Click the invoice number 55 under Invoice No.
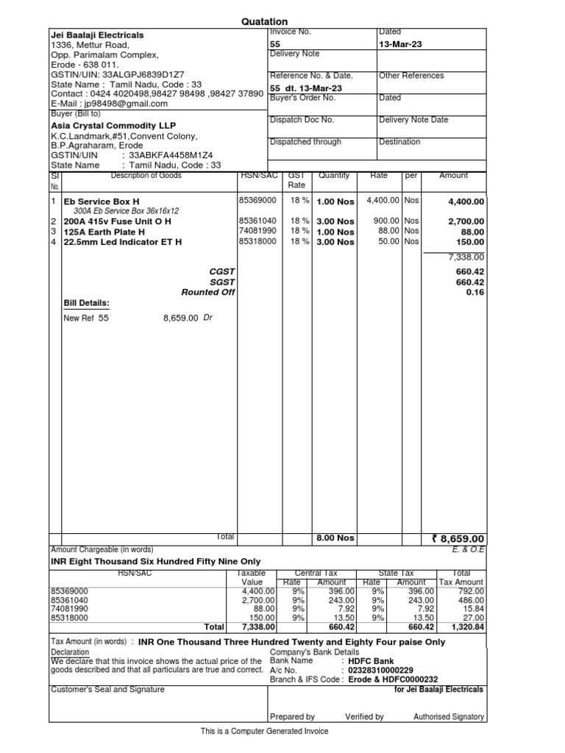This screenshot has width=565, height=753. click(x=275, y=44)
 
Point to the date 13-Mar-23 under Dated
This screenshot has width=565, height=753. click(x=400, y=44)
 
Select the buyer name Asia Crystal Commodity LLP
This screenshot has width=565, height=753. click(x=113, y=125)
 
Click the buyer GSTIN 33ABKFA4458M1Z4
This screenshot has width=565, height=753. click(x=171, y=155)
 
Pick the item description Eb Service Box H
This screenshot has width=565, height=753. click(x=102, y=201)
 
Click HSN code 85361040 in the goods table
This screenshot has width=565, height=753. click(x=257, y=221)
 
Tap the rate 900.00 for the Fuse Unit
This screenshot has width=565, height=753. click(x=385, y=221)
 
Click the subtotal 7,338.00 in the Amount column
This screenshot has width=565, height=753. click(x=466, y=257)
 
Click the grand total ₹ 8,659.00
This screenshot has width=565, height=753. click(x=458, y=538)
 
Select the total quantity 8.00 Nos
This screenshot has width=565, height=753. click(x=335, y=538)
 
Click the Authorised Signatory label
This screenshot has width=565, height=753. click(x=449, y=716)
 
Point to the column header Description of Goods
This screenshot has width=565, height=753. click(x=146, y=175)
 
